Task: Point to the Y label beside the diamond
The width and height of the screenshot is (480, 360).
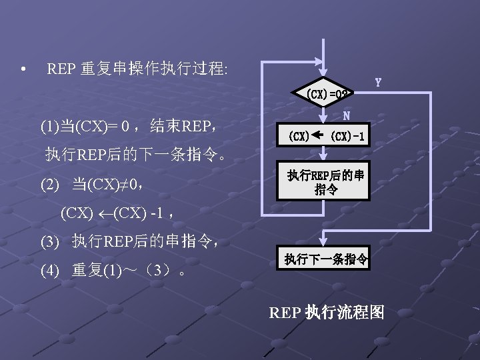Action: (x=378, y=83)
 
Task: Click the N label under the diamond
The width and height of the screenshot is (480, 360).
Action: (x=347, y=115)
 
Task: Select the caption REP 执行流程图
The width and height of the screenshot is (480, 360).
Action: (x=327, y=311)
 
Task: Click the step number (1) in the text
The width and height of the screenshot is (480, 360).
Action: (x=49, y=125)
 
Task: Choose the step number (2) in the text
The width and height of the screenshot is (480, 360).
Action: (x=49, y=183)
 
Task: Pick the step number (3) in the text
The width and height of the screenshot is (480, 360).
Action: (x=49, y=241)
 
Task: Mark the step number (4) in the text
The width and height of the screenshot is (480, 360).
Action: (x=49, y=271)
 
